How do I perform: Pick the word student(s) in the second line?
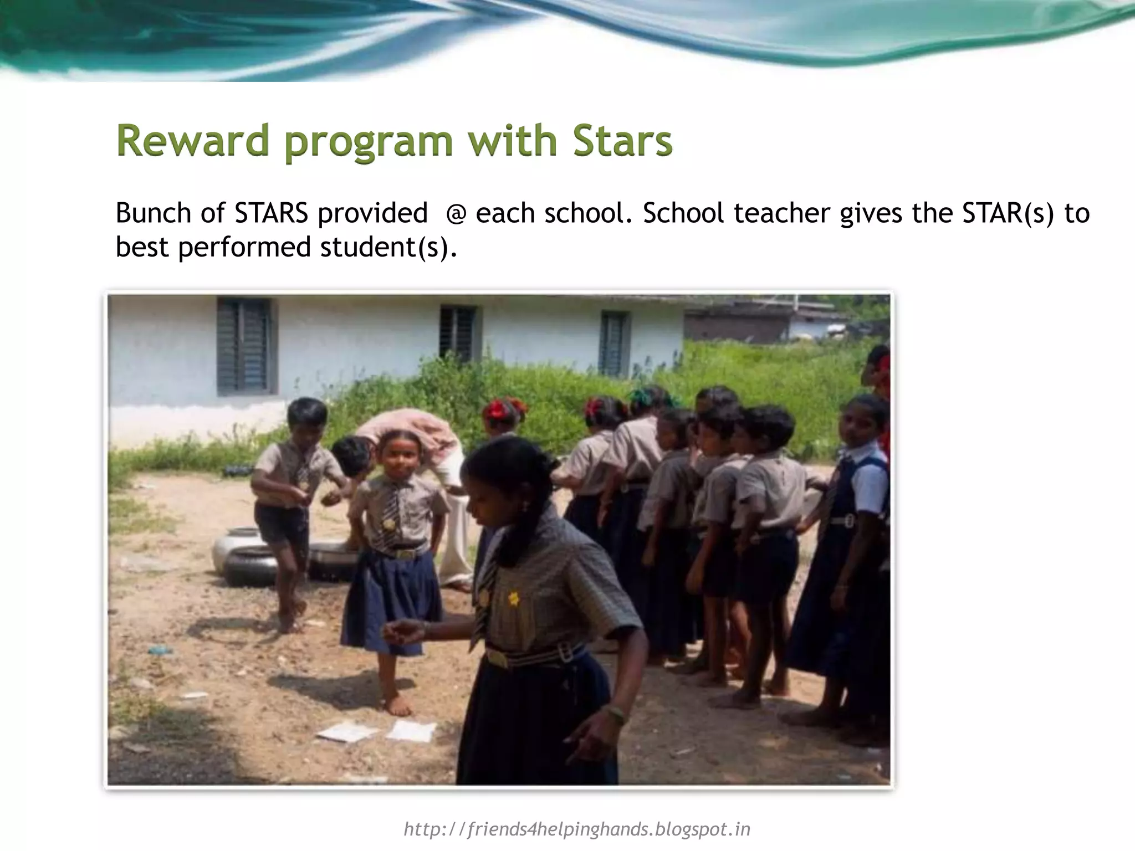click(x=388, y=247)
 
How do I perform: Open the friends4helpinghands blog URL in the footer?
click(x=576, y=829)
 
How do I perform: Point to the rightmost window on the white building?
click(x=614, y=344)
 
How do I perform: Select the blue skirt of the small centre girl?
click(x=391, y=593)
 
